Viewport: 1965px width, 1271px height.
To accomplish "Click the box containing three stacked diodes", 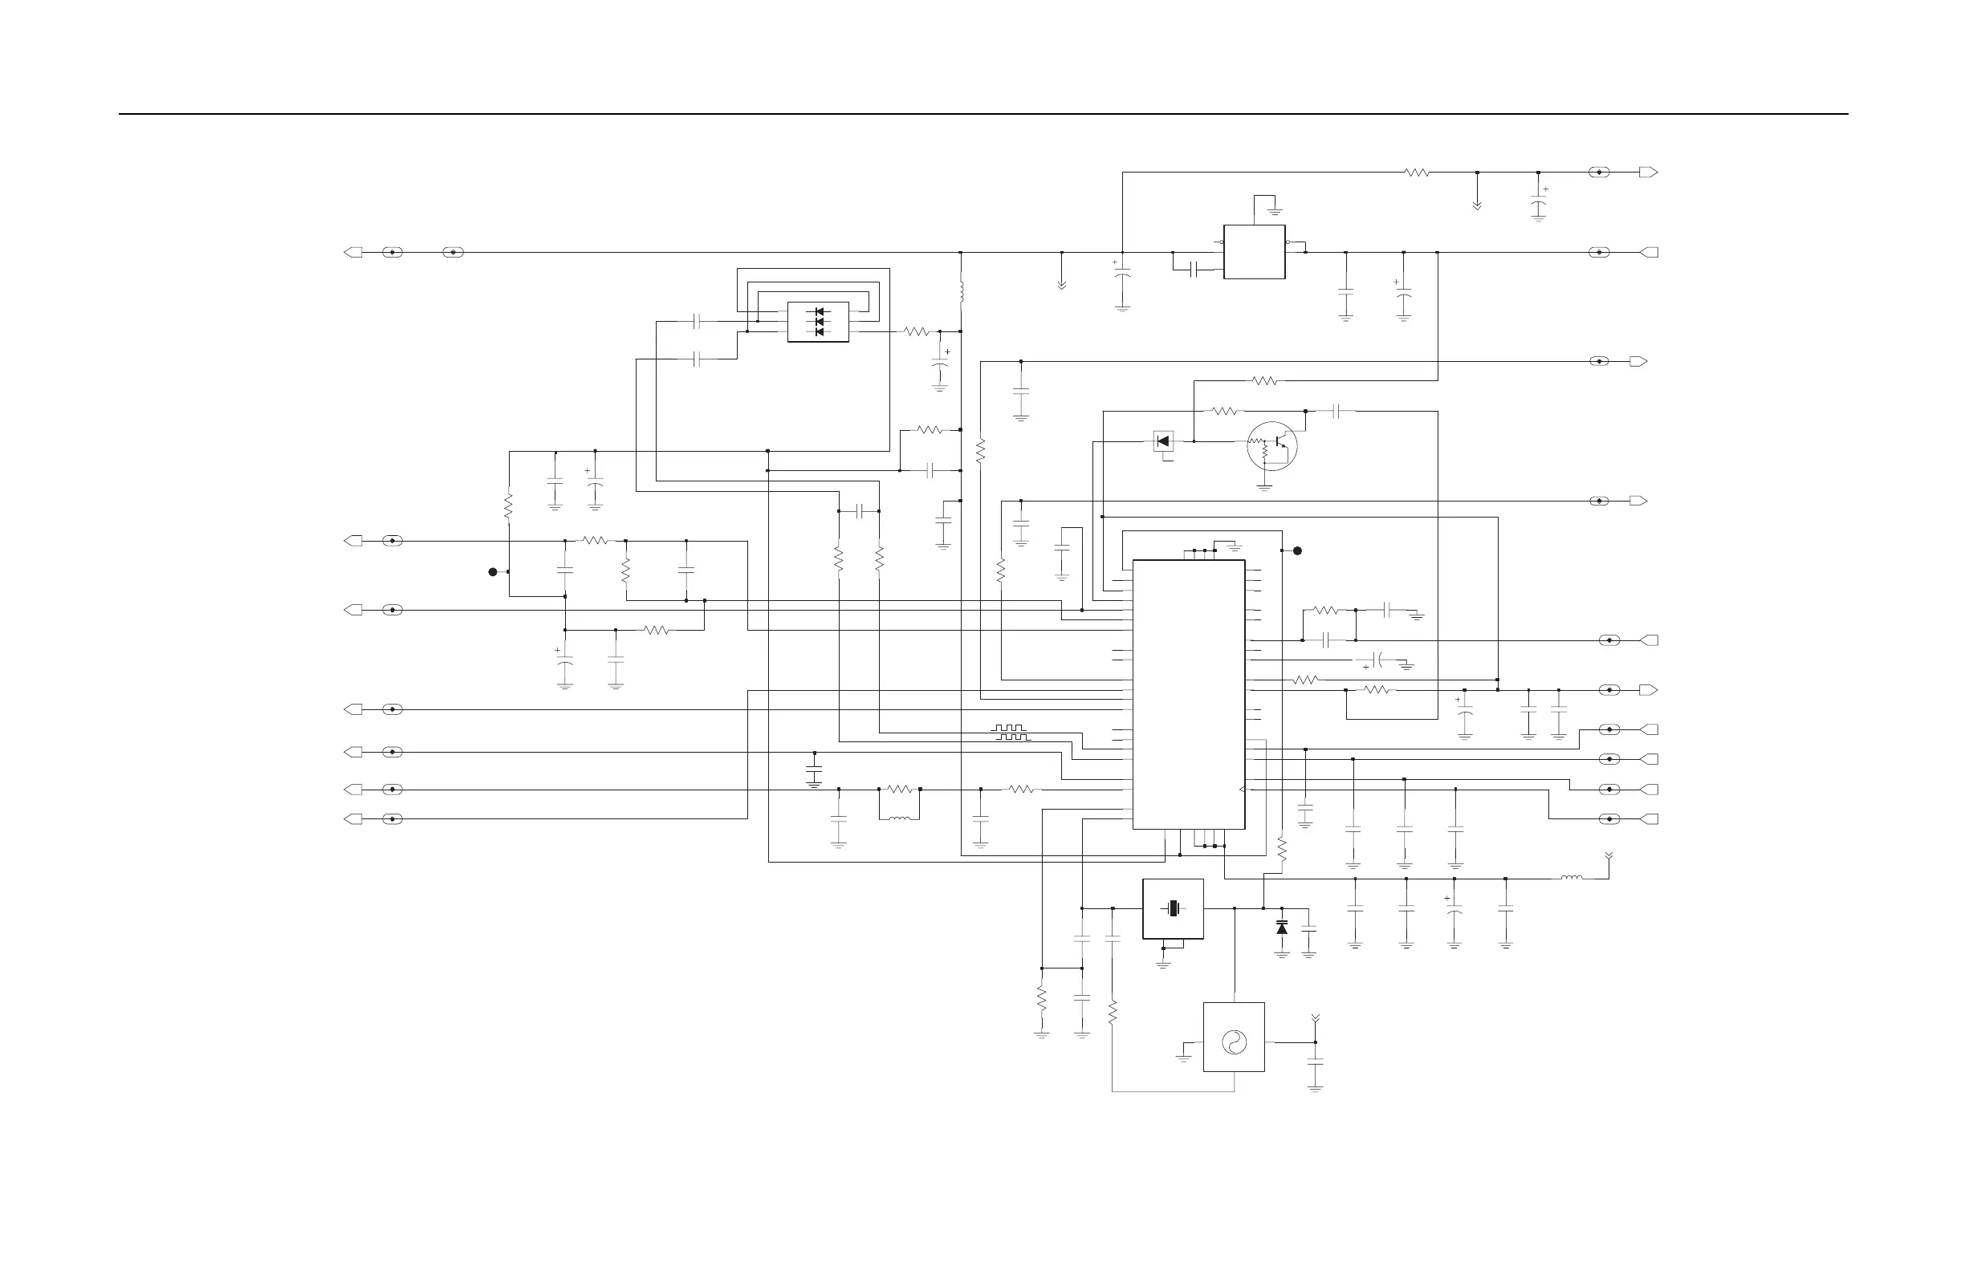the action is tap(817, 322).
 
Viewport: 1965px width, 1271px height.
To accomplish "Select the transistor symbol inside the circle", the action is tap(1272, 445).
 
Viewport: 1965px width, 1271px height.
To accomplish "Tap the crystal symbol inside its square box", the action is tap(1173, 908).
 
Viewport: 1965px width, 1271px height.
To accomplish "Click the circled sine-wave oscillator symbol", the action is tap(1234, 1042).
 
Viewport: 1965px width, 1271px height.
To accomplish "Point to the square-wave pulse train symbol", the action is tap(1011, 732).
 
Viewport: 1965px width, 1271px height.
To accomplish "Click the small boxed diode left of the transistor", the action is tap(1163, 441).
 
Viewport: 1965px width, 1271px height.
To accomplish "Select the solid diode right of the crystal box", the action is tap(1281, 928).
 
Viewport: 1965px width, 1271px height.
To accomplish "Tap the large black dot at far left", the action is tap(493, 571).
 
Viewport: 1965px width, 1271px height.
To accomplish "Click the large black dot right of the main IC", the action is tap(1297, 550).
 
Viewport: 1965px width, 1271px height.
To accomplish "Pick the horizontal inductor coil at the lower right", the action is tap(1571, 878).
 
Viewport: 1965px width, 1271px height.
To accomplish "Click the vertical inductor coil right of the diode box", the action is tap(961, 291).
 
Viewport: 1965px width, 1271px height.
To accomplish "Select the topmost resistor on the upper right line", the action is tap(1417, 173).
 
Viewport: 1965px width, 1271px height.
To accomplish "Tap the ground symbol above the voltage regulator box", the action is tap(1275, 212).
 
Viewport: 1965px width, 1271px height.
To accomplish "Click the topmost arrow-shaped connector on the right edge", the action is tap(1648, 173).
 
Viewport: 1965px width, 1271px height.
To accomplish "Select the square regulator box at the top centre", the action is tap(1254, 252).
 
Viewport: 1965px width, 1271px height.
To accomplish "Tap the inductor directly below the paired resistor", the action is tap(899, 818).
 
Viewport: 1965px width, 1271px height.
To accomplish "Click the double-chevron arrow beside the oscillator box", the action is tap(1316, 1021).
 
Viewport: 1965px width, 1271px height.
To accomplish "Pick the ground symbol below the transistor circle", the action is tap(1264, 488).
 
